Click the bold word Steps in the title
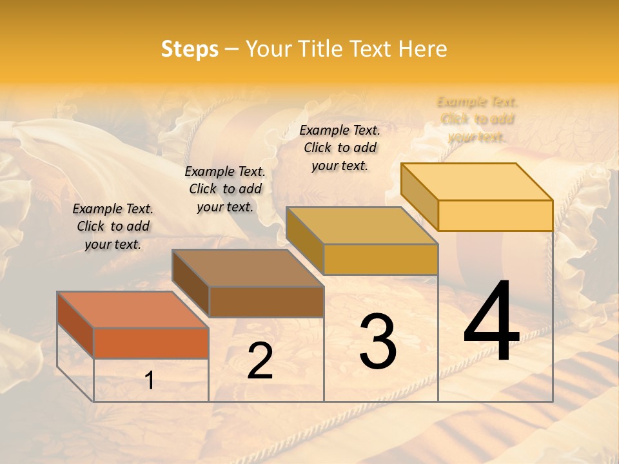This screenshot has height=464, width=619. (190, 49)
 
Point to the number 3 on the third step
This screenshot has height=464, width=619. (378, 342)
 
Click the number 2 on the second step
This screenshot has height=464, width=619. (260, 361)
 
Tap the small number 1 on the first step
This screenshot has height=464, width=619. (150, 381)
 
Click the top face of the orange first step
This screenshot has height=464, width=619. (133, 310)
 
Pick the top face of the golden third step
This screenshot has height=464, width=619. (362, 226)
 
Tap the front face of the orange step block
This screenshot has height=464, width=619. (151, 343)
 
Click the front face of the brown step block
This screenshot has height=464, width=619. (266, 302)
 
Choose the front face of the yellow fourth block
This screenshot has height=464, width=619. (495, 215)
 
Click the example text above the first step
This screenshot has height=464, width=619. (113, 226)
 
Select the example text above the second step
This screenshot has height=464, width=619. (225, 189)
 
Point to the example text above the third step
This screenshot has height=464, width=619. (340, 148)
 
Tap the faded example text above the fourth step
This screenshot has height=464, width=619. (477, 119)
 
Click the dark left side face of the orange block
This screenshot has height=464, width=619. (75, 324)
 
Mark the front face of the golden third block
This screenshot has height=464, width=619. (380, 259)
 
